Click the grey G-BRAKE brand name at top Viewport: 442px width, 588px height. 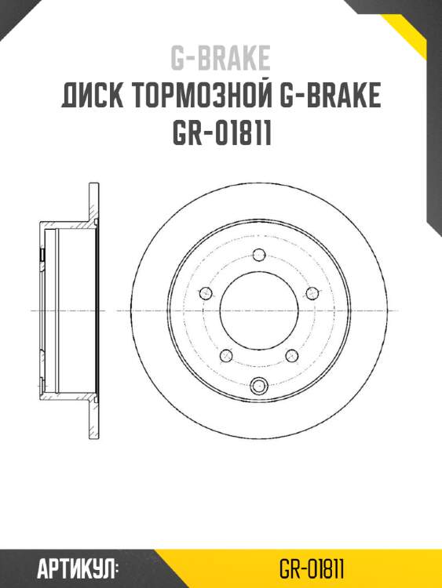click(221, 58)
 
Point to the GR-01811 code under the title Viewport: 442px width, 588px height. click(221, 134)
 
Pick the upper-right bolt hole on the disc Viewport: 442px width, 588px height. click(312, 293)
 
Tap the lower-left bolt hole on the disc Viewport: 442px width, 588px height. click(227, 354)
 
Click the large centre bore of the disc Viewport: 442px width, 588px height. click(260, 310)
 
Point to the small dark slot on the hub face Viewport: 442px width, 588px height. click(41, 255)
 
